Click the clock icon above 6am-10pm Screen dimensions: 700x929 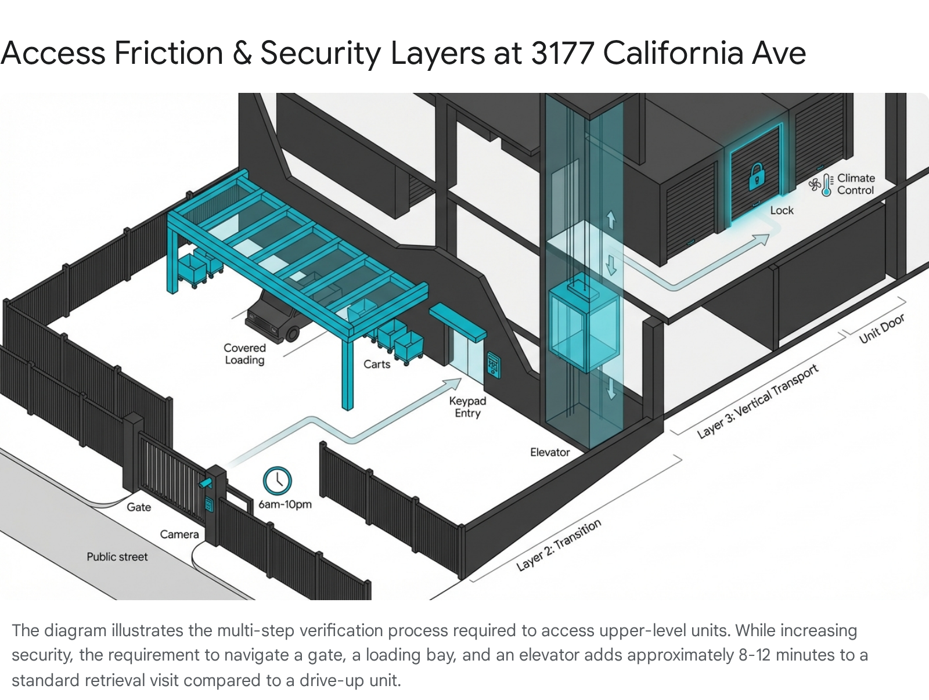[x=277, y=481]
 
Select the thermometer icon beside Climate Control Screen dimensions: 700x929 [x=827, y=185]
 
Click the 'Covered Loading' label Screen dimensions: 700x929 [x=244, y=354]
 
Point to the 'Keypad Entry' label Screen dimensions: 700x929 [x=467, y=407]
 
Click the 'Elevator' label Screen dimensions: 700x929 [x=549, y=452]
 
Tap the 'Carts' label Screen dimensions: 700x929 [x=377, y=364]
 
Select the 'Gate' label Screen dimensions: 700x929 [x=139, y=507]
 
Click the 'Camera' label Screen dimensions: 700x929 [x=179, y=535]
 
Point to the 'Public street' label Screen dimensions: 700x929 [x=117, y=557]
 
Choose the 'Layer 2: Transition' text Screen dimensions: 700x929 [x=559, y=546]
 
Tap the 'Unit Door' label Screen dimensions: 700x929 [x=881, y=329]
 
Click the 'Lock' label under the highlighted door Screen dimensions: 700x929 [x=782, y=211]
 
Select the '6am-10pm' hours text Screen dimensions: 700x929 [x=285, y=504]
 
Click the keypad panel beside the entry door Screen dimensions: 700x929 [x=494, y=365]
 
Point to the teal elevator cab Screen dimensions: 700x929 [x=584, y=326]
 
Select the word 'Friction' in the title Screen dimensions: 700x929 [x=169, y=53]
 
